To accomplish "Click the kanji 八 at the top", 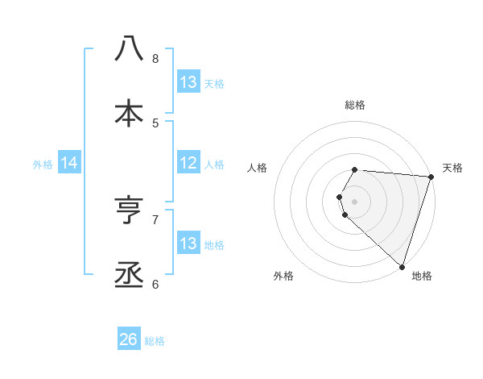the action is coord(129,49).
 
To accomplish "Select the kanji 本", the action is coord(129,113).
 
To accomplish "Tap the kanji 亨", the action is coord(129,210).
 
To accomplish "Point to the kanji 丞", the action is coord(129,274).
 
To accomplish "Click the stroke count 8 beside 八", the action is coord(155,58).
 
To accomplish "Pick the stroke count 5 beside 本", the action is coord(155,123).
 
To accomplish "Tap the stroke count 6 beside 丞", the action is coord(155,284).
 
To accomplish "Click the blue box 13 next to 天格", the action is coord(188,82).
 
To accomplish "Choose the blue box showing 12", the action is coord(188,163).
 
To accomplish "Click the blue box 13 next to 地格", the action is coord(188,244).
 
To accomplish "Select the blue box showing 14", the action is coord(69,163).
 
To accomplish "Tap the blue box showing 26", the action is coord(129,339).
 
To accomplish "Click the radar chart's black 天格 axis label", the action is coord(452,168).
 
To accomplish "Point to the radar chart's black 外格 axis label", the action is coord(283,276).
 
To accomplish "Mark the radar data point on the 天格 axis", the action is coord(431,177).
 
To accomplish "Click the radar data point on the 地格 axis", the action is coord(402,266).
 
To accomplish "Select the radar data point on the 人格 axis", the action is coord(340,197).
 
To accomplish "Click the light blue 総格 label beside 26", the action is coord(155,341).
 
